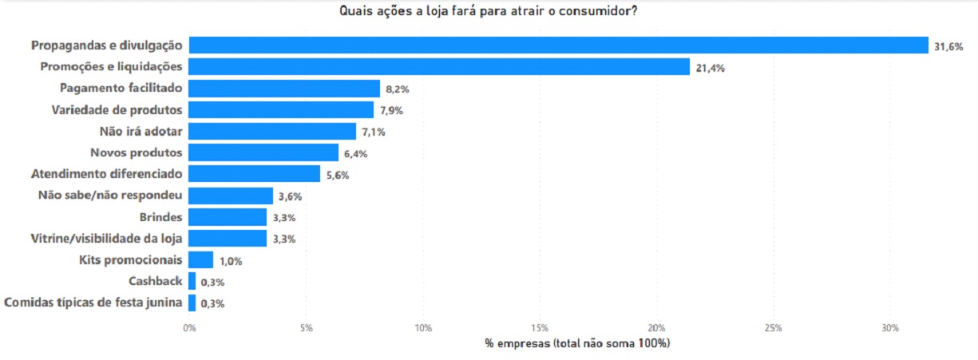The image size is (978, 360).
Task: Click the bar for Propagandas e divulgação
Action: (x=558, y=45)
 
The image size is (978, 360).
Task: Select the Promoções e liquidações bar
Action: (x=439, y=67)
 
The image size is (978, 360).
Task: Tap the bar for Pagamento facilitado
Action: (x=284, y=89)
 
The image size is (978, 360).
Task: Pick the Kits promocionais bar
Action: (x=201, y=260)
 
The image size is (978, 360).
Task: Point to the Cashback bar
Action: (x=192, y=281)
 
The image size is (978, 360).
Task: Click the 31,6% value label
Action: (x=948, y=46)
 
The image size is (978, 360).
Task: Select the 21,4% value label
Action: (x=710, y=68)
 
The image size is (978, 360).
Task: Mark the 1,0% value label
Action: (x=232, y=260)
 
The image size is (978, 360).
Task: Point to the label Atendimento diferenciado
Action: (x=107, y=173)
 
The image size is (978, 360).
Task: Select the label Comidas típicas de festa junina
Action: (x=94, y=303)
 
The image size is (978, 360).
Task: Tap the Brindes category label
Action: (x=161, y=217)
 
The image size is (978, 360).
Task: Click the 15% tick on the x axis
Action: (x=540, y=328)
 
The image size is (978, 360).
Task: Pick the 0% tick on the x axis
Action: (x=189, y=328)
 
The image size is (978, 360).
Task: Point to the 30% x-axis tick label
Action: (x=890, y=328)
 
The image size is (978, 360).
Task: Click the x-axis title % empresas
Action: (x=576, y=343)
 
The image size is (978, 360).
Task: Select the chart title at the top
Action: (x=488, y=11)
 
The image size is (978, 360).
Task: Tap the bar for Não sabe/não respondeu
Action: (x=232, y=196)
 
